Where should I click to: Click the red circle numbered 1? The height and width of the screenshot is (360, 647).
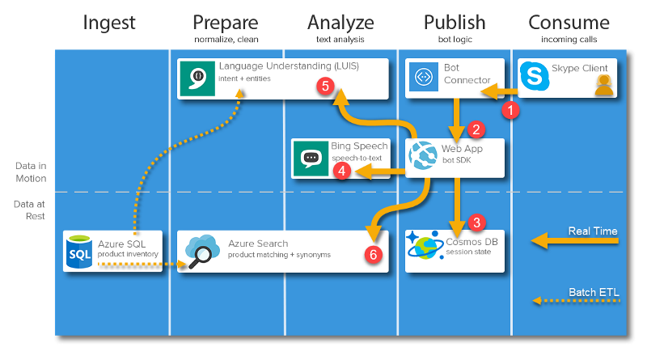pos(510,108)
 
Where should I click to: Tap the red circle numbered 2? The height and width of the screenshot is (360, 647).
pos(476,129)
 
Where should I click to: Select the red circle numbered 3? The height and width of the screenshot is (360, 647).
pos(476,222)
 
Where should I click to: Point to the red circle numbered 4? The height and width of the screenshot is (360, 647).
pos(343,171)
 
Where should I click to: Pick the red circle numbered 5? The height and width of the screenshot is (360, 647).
pos(325,85)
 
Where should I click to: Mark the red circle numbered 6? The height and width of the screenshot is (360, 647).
pos(371,253)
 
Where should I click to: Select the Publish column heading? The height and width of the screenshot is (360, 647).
pos(455,22)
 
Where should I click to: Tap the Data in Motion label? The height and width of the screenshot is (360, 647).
pos(31,172)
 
